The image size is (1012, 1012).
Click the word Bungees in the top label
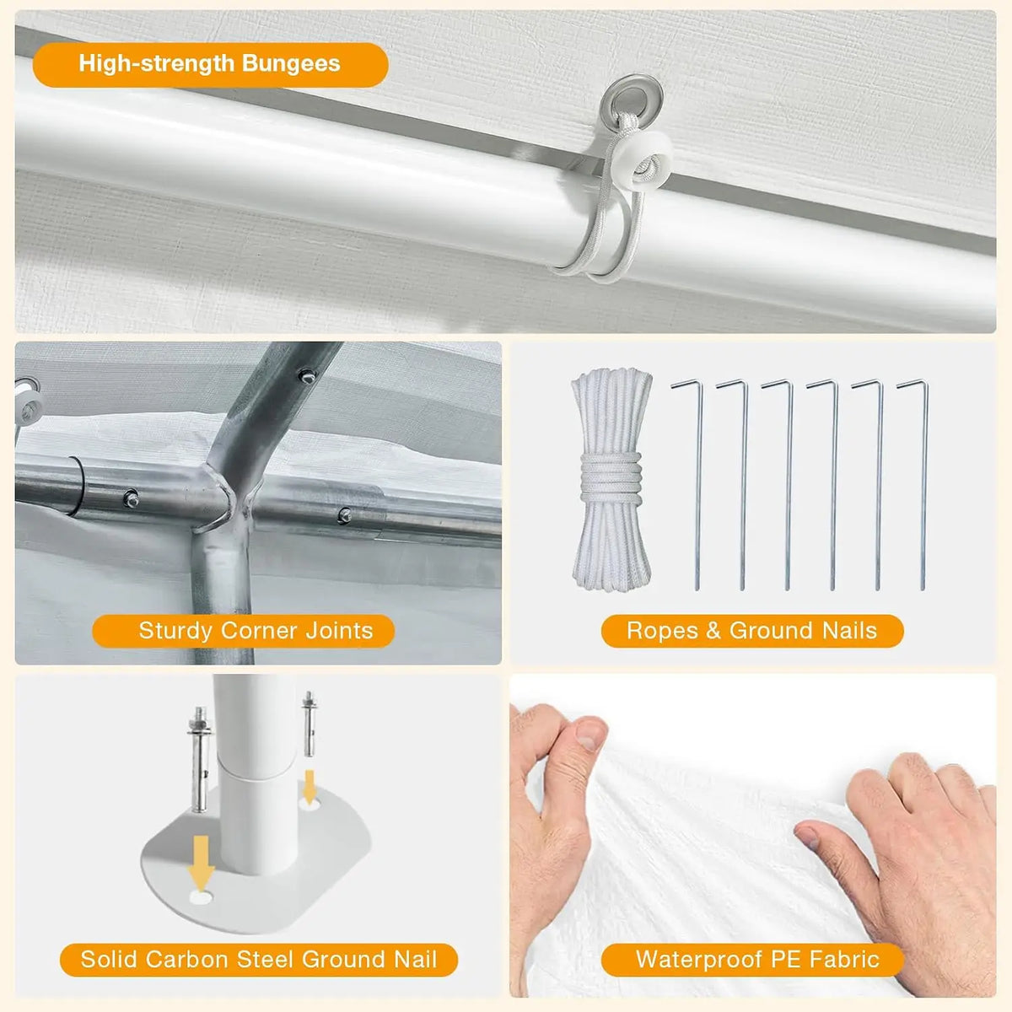pyautogui.click(x=291, y=64)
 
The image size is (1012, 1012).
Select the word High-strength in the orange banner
pyautogui.click(x=157, y=63)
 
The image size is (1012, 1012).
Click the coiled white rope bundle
pyautogui.click(x=612, y=480)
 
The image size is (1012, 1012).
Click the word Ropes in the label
pyautogui.click(x=662, y=631)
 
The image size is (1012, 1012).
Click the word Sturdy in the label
pyautogui.click(x=175, y=632)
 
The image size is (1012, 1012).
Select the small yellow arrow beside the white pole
pyautogui.click(x=310, y=786)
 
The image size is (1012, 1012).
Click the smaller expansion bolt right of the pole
pyautogui.click(x=310, y=724)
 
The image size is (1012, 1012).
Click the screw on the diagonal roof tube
pyautogui.click(x=307, y=375)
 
